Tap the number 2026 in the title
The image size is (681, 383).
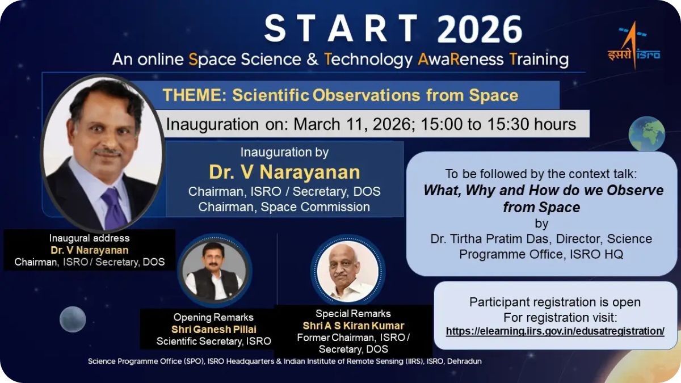click(473, 30)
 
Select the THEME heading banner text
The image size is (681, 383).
click(340, 95)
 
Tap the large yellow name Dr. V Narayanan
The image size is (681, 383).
click(284, 172)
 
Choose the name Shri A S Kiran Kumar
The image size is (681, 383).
click(353, 326)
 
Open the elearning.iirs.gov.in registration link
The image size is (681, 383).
click(555, 331)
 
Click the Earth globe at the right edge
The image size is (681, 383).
click(646, 133)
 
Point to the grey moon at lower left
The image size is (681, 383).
click(73, 319)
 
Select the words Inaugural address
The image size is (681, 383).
click(89, 238)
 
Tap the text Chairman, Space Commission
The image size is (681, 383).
click(284, 207)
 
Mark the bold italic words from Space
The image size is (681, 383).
click(541, 207)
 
